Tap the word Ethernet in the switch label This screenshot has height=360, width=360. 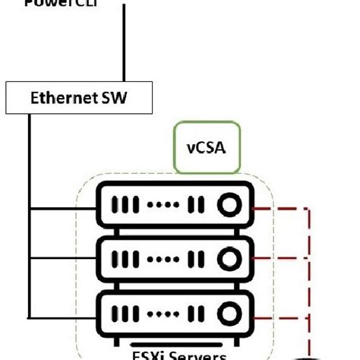tap(55, 97)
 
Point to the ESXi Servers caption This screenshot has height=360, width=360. tap(177, 352)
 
